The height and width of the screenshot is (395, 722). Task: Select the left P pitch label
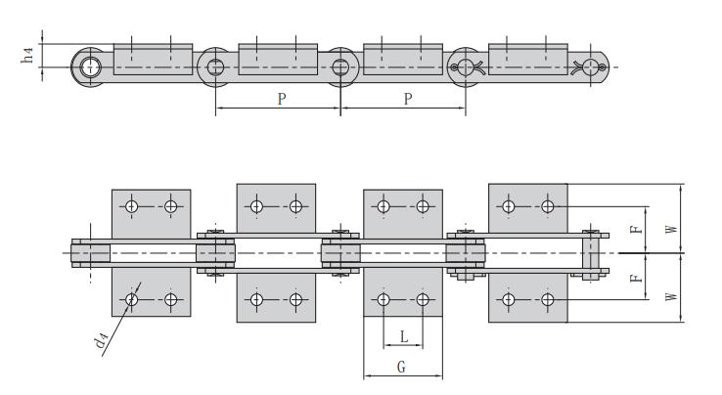pyautogui.click(x=281, y=101)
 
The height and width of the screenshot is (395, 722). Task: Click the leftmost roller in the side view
pyautogui.click(x=90, y=66)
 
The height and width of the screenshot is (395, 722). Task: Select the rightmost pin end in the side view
pyautogui.click(x=590, y=66)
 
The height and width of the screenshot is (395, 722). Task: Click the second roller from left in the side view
pyautogui.click(x=215, y=66)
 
